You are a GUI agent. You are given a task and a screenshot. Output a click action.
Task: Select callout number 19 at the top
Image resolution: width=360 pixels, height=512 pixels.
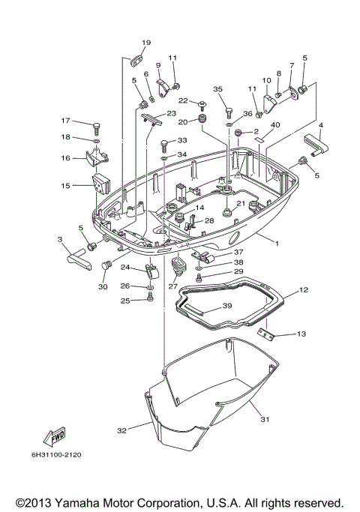pos(146,42)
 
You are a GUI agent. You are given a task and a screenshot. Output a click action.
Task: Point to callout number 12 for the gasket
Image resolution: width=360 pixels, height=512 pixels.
pos(304,289)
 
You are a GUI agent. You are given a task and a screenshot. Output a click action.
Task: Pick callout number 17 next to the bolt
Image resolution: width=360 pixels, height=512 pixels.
pos(65,121)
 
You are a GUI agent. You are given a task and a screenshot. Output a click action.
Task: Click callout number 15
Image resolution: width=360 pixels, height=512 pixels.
pos(65,185)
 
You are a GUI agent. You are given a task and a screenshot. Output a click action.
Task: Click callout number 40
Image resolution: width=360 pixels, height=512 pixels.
pos(275,124)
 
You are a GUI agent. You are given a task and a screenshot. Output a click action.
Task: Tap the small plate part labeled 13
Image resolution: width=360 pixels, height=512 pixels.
pos(265,334)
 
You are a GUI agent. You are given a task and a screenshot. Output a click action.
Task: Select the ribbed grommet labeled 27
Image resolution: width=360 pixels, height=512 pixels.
pos(178,268)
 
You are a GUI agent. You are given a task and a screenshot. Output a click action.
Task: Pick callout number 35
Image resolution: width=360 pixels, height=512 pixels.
pos(218,89)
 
